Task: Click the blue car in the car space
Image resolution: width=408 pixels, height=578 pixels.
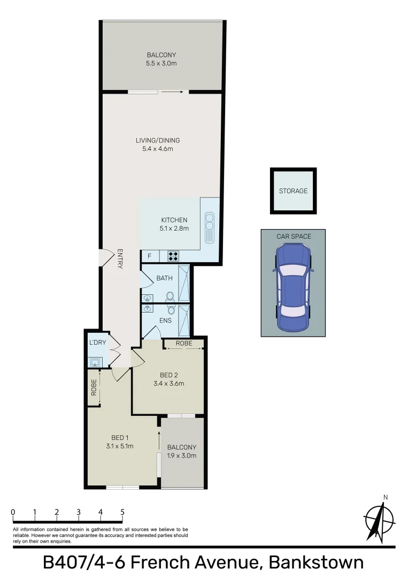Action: pyautogui.click(x=292, y=287)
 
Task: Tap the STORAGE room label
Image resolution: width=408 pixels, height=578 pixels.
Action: pyautogui.click(x=293, y=191)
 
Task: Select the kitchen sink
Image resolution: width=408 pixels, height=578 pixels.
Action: pyautogui.click(x=209, y=228)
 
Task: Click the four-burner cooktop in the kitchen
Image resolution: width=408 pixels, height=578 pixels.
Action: pyautogui.click(x=174, y=256)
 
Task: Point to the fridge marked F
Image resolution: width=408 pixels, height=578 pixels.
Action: pyautogui.click(x=150, y=256)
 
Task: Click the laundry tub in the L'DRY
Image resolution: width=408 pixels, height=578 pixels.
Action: pyautogui.click(x=95, y=362)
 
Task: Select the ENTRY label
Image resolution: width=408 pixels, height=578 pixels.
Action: pyautogui.click(x=120, y=259)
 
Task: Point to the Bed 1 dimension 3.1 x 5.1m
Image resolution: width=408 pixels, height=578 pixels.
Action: pyautogui.click(x=119, y=446)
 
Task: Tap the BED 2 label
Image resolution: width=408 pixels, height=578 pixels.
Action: pyautogui.click(x=168, y=375)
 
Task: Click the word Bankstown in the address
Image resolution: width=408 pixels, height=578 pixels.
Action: pyautogui.click(x=317, y=563)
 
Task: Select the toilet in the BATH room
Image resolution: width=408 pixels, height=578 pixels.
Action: pyautogui.click(x=171, y=296)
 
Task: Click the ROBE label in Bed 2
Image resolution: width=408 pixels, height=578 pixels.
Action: pyautogui.click(x=183, y=343)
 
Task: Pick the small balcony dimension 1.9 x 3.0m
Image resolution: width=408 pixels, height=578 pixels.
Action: pyautogui.click(x=182, y=456)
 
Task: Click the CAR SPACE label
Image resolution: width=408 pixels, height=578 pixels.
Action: pyautogui.click(x=294, y=236)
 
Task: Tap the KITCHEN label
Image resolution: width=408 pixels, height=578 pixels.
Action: pyautogui.click(x=174, y=220)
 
